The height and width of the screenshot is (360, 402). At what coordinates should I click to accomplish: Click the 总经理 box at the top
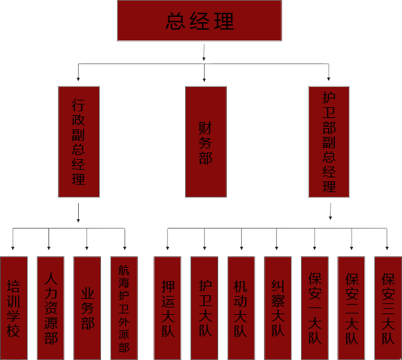(199, 20)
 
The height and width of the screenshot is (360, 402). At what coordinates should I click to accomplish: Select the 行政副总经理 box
(79, 142)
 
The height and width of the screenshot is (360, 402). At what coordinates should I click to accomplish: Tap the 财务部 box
(206, 142)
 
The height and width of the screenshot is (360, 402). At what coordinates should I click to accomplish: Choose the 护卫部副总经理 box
(329, 142)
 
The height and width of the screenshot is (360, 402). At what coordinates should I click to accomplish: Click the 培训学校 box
(14, 308)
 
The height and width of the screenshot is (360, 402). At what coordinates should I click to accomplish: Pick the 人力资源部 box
(51, 308)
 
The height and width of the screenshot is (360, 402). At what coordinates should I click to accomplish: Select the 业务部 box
(87, 308)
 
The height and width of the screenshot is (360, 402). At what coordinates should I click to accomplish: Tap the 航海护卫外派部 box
(124, 308)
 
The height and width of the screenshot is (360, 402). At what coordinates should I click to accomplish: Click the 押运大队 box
(168, 308)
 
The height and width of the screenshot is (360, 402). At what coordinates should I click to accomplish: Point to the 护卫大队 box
(204, 308)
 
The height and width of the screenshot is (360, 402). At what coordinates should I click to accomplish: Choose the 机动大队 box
(241, 308)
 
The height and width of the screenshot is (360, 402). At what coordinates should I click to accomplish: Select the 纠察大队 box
(277, 308)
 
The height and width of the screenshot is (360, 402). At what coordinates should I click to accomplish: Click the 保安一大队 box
(314, 308)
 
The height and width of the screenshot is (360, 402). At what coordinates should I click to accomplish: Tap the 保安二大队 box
(351, 308)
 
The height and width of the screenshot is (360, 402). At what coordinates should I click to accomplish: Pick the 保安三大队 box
(388, 308)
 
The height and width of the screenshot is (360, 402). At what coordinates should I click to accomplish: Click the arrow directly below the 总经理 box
(204, 53)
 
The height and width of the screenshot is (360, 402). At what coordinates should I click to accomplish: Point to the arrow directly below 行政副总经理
(78, 213)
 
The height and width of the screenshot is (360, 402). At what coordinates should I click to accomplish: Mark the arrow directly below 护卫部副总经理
(330, 212)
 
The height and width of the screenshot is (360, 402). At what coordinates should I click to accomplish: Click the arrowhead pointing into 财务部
(204, 80)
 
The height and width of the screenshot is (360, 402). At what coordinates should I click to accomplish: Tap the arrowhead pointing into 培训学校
(13, 248)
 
